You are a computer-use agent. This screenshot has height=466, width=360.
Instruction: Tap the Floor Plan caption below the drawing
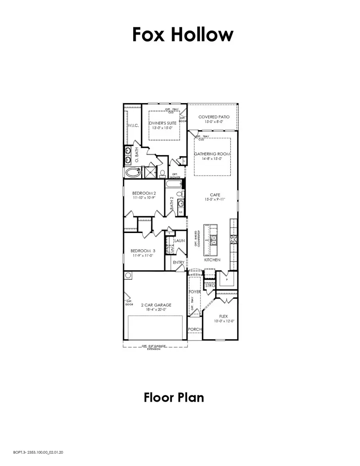point(174,397)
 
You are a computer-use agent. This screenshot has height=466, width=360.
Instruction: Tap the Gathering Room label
point(212,153)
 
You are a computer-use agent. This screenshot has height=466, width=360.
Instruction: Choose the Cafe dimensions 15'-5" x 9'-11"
point(212,199)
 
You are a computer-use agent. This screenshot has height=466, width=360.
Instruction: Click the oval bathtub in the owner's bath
point(132,173)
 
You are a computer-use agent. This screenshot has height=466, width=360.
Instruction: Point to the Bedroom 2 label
point(144,193)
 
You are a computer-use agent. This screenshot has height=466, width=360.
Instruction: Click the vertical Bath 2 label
point(172,203)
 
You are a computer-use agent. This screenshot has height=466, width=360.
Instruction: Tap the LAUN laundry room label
point(179,241)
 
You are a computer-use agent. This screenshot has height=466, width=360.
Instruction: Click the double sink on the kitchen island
point(214,240)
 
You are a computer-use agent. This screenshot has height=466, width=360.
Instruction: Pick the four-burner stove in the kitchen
point(233,239)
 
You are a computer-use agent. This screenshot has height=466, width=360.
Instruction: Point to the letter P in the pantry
point(226,280)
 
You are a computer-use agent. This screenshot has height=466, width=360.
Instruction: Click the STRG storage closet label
point(209,286)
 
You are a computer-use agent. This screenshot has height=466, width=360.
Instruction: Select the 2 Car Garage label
point(156,305)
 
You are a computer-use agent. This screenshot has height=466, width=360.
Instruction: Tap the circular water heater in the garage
point(128,275)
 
